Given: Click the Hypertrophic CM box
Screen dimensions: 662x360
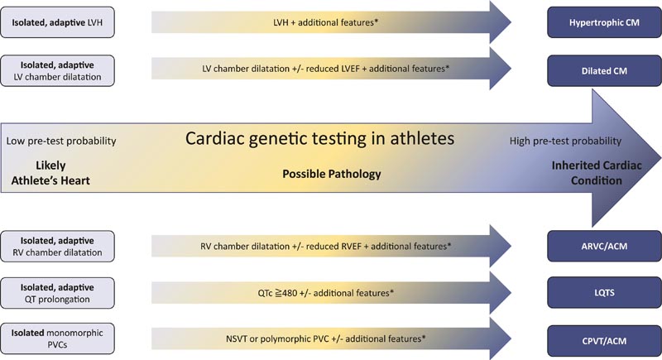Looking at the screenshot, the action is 604,22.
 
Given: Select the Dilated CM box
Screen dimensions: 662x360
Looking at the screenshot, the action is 604,71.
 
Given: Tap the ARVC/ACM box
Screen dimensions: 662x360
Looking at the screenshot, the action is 604,246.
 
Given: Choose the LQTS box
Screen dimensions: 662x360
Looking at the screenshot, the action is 604,292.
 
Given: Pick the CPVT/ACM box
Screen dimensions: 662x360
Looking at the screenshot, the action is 604,341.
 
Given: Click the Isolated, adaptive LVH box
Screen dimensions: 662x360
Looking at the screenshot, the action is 57,22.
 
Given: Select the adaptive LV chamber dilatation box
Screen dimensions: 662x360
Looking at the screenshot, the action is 57,71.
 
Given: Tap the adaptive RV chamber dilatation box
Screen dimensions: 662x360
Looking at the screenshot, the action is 57,246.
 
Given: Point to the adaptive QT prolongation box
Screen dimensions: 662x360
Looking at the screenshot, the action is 57,293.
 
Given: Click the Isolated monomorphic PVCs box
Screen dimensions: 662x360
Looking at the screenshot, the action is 57,338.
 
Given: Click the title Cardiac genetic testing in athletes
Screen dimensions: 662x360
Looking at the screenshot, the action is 319,139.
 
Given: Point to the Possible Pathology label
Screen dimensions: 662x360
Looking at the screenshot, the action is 332,174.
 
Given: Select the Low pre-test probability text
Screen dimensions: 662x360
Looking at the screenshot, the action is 61,141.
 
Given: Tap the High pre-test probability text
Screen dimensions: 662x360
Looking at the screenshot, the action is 565,141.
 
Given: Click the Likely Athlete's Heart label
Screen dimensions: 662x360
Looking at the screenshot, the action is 50,173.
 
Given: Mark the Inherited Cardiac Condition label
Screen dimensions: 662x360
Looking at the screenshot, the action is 597,173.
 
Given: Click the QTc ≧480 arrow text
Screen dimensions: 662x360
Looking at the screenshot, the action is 325,293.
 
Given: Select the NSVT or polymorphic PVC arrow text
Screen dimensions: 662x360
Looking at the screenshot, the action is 325,338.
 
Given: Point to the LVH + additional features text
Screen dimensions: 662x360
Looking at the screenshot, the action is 325,22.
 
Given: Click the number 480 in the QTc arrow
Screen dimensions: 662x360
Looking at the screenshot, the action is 290,293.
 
